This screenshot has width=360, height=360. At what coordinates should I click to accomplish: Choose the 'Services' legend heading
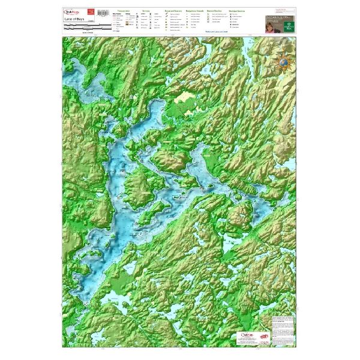click(144, 11)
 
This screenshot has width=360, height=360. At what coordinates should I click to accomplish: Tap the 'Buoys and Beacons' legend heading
click(174, 11)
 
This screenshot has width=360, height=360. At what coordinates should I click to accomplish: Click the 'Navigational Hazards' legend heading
click(195, 11)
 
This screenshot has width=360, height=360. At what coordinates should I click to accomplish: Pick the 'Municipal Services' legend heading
click(238, 11)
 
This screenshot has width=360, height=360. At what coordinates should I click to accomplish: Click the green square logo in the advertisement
click(287, 25)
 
